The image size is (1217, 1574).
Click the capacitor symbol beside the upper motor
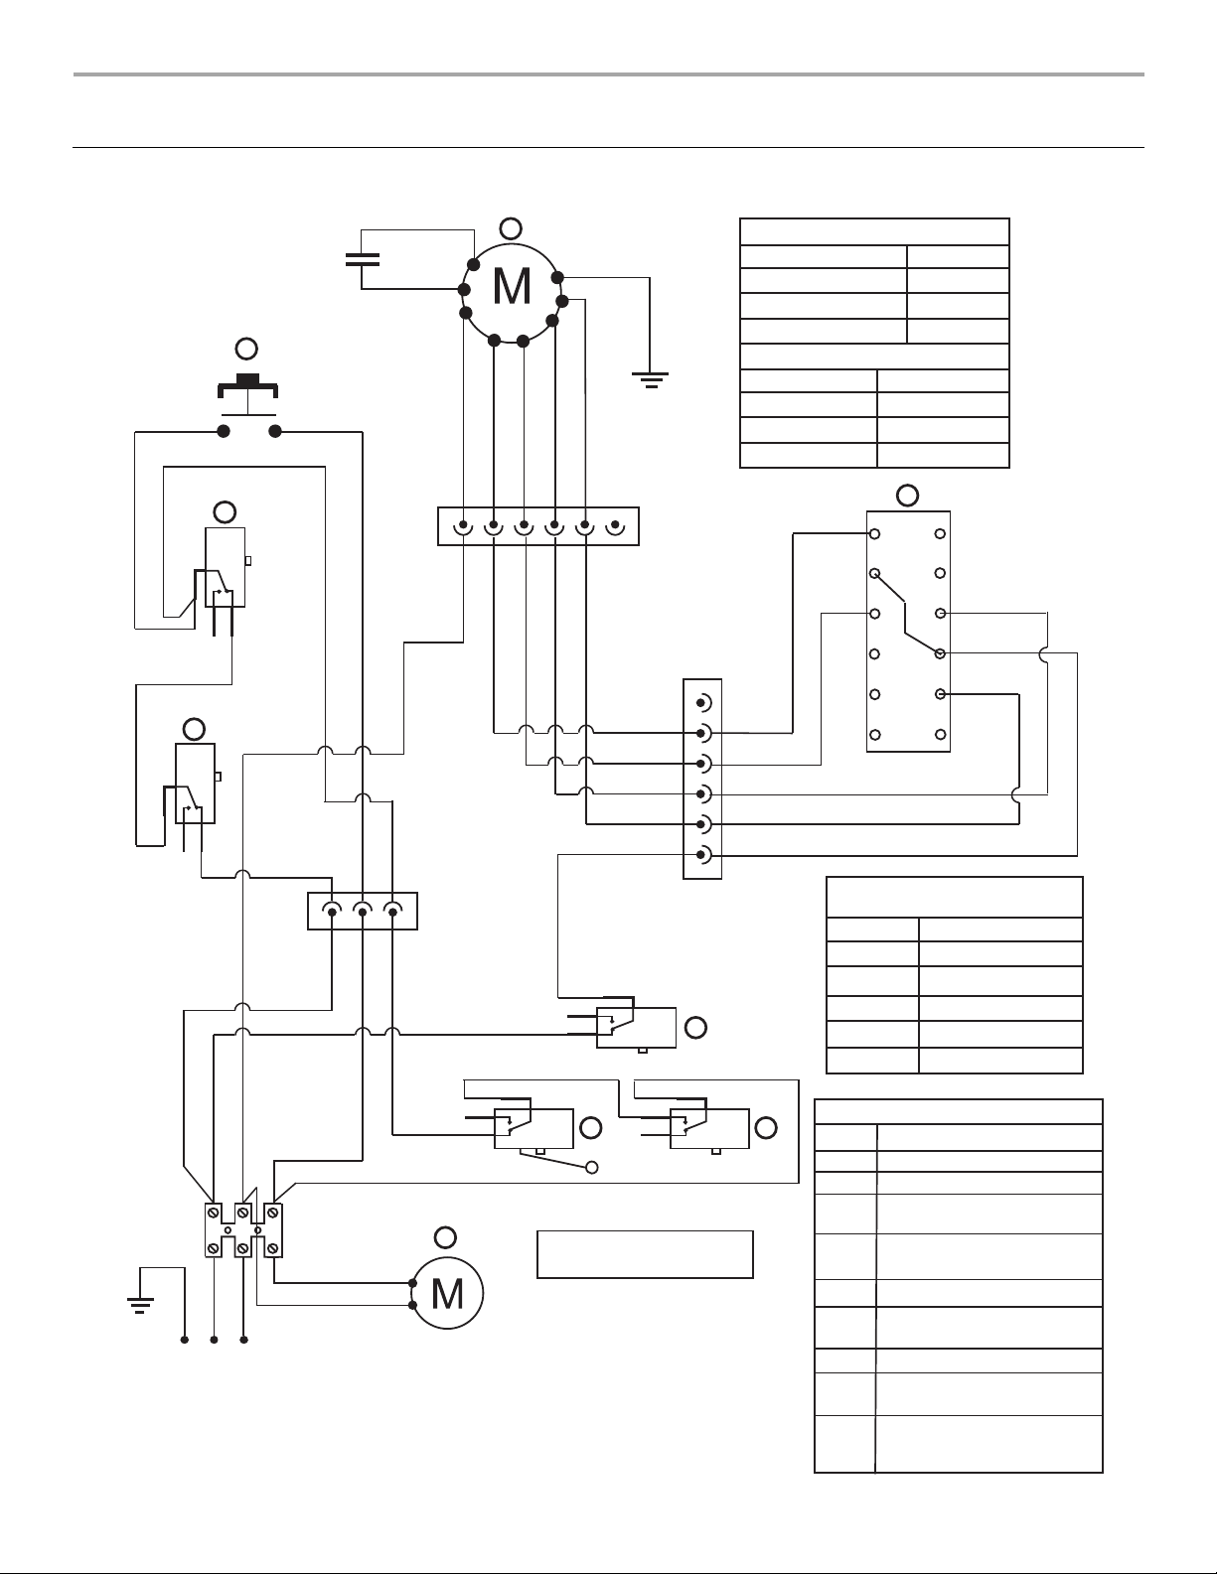tap(363, 260)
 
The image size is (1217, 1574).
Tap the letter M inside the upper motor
tap(512, 287)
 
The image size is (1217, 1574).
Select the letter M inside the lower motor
tap(447, 1294)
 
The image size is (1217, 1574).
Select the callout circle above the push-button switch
tap(247, 350)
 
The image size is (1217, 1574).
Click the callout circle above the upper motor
tap(511, 228)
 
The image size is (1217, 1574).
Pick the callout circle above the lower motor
tap(445, 1238)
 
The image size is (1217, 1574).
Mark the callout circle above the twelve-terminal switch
tap(908, 496)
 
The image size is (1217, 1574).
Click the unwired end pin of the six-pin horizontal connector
tap(615, 526)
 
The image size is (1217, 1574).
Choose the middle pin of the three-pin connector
tap(363, 910)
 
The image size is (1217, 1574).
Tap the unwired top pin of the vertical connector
tap(702, 703)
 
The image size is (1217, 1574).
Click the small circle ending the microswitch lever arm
tap(592, 1168)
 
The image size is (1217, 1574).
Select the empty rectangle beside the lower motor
tap(645, 1254)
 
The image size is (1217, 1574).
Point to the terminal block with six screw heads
tap(243, 1230)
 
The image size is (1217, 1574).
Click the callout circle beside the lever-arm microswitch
tap(591, 1128)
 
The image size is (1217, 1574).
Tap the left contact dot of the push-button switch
tap(224, 432)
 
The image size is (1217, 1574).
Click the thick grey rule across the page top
tap(608, 74)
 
